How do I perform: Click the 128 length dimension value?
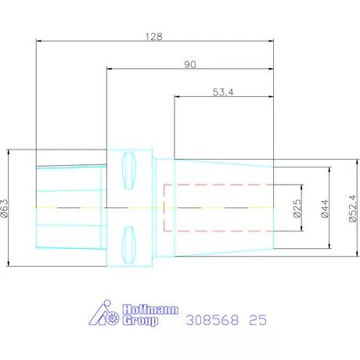(154, 37)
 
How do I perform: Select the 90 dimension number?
(190, 64)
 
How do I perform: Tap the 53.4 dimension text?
(223, 92)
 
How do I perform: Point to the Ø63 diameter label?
(5, 208)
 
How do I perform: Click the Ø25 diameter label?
(297, 208)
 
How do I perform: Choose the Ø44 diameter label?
(325, 208)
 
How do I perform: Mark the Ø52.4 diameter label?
(353, 208)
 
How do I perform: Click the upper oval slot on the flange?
(129, 171)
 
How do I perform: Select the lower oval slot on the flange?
(129, 245)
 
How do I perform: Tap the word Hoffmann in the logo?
(150, 310)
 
